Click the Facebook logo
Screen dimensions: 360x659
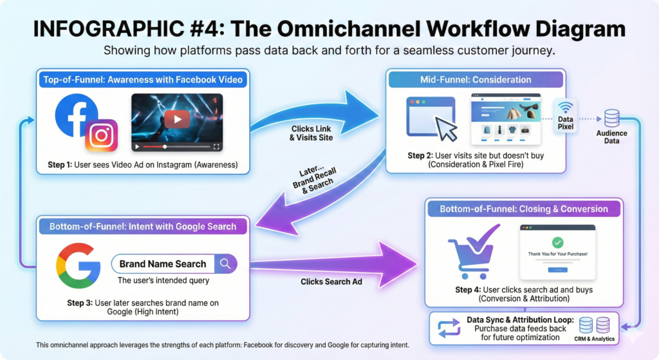[x=76, y=115]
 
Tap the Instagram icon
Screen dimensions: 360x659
[x=102, y=135]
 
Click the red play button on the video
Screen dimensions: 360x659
[x=177, y=119]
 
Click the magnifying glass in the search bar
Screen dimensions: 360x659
[x=225, y=263]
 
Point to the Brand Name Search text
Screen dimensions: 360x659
[x=163, y=264]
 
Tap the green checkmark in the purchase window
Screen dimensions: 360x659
[x=557, y=243]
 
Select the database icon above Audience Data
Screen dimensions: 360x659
[x=611, y=118]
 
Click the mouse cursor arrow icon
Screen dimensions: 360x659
[x=447, y=129]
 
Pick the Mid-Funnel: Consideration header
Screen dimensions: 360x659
[x=476, y=80]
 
